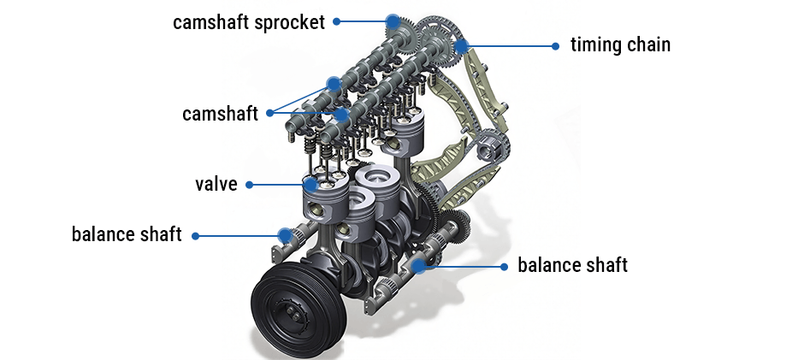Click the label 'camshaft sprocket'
[x=249, y=22]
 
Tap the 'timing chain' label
[x=620, y=44]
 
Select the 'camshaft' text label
[x=220, y=114]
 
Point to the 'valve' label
[x=216, y=184]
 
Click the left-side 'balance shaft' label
[x=127, y=234]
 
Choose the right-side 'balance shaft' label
[x=572, y=265]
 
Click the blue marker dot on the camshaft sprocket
[x=393, y=21]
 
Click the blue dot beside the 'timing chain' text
[x=555, y=44]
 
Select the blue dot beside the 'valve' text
[x=249, y=184]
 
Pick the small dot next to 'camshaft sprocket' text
[x=337, y=21]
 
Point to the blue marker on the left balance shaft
[x=286, y=234]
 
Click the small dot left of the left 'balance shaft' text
[x=196, y=234]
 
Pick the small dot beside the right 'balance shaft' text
[x=504, y=266]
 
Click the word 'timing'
[x=595, y=44]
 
